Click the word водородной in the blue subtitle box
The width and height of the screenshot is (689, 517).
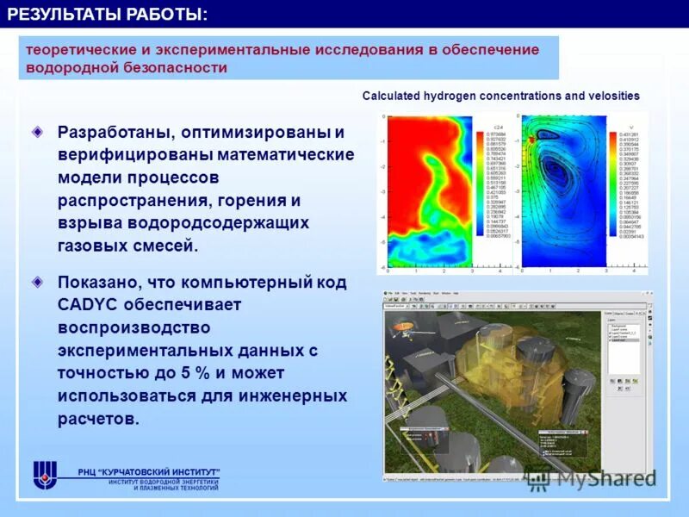[70, 67]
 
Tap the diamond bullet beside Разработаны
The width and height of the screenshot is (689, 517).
[37, 133]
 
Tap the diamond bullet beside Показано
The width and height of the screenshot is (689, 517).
[37, 282]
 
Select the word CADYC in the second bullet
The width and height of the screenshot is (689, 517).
[88, 305]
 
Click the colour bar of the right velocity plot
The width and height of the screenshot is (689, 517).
[615, 186]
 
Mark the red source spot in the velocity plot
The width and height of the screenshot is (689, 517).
[533, 139]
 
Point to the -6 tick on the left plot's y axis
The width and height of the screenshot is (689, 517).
[382, 267]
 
